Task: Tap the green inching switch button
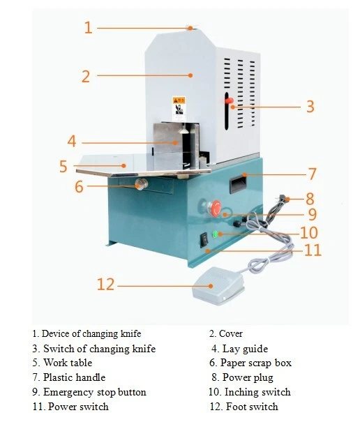[x=217, y=233]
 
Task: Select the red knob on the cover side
[x=228, y=102]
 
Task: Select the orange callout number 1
[x=88, y=28]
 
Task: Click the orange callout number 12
[x=105, y=285]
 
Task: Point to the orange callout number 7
[x=313, y=174]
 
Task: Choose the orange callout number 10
[x=309, y=232]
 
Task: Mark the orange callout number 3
[x=310, y=107]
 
